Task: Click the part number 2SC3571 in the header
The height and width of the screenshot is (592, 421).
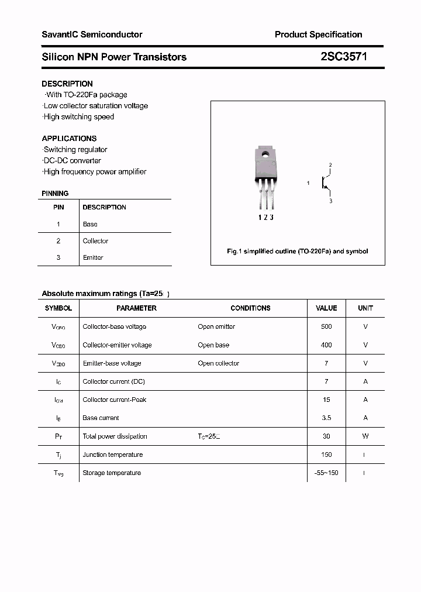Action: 344,57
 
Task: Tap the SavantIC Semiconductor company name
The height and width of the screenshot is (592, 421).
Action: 92,35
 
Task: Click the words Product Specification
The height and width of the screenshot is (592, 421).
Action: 318,35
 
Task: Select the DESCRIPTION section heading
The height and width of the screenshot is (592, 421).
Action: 67,84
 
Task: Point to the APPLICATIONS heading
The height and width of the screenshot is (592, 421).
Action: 69,139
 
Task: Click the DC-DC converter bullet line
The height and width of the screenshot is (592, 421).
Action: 72,161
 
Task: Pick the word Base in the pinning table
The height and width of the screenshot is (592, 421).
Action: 90,224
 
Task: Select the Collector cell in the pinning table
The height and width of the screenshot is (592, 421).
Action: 95,241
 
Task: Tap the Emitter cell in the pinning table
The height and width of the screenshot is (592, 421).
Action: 93,257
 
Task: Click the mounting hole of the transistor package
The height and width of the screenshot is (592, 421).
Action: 265,155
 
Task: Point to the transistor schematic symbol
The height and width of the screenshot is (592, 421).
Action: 325,183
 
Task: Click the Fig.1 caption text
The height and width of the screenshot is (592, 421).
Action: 297,251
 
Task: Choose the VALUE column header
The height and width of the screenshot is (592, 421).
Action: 326,308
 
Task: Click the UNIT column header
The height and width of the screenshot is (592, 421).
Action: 365,308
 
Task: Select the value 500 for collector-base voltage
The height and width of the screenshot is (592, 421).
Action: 326,327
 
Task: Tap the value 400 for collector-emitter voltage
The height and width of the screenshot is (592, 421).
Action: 326,345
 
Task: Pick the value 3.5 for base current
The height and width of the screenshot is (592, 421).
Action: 326,418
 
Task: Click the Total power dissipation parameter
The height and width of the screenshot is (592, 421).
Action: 115,436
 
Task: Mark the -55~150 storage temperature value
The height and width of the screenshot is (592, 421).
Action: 326,473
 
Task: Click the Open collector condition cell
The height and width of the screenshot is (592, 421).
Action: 218,363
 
